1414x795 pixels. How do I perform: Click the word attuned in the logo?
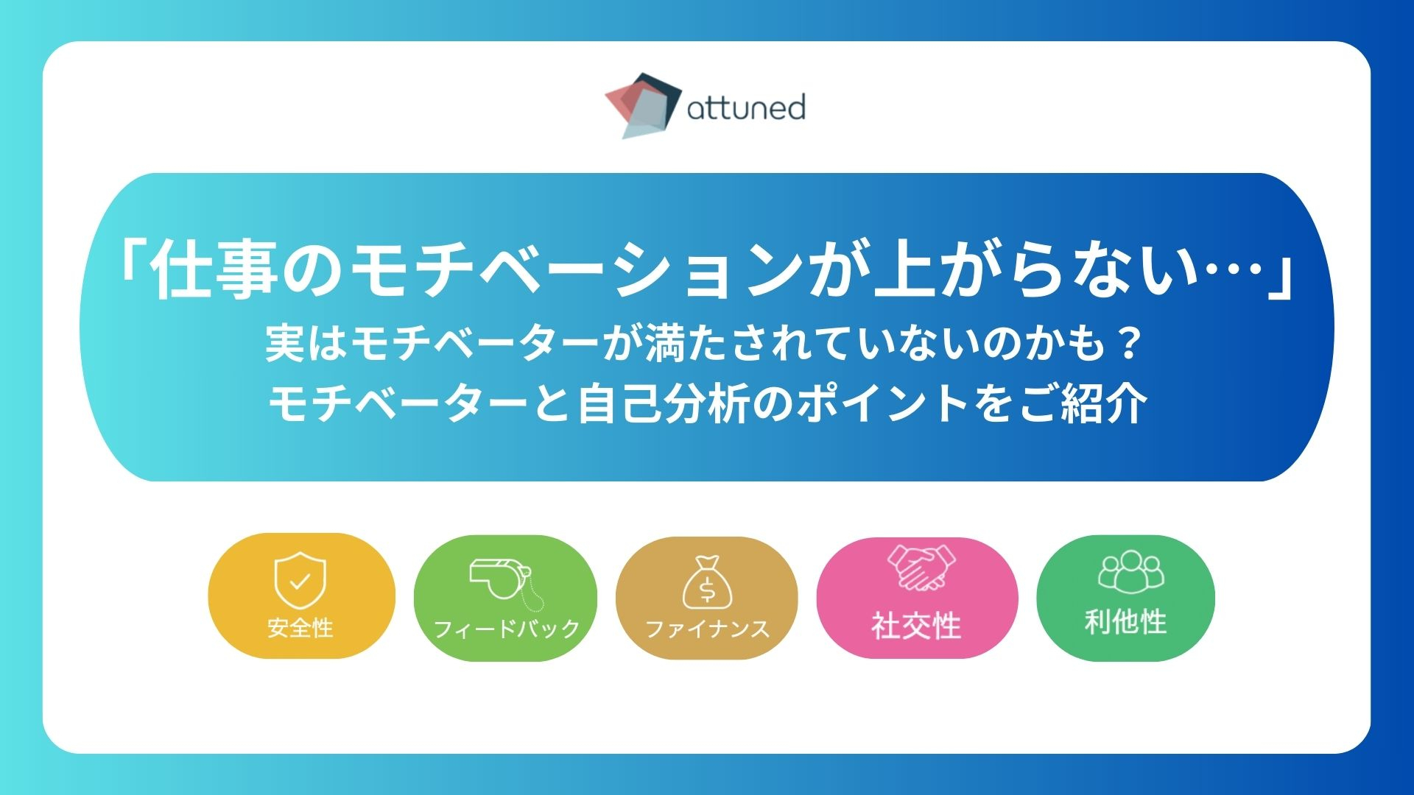pyautogui.click(x=746, y=107)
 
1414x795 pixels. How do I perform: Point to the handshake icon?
pyautogui.click(x=921, y=568)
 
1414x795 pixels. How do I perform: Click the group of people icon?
pyautogui.click(x=1131, y=571)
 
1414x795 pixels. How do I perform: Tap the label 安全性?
pyautogui.click(x=300, y=628)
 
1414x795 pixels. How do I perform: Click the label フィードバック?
pyautogui.click(x=507, y=629)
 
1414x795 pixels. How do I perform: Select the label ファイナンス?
pyautogui.click(x=707, y=629)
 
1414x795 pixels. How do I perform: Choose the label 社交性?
pyautogui.click(x=917, y=626)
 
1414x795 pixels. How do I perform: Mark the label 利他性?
pyautogui.click(x=1126, y=622)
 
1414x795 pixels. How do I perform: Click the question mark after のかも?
pyautogui.click(x=1128, y=344)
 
